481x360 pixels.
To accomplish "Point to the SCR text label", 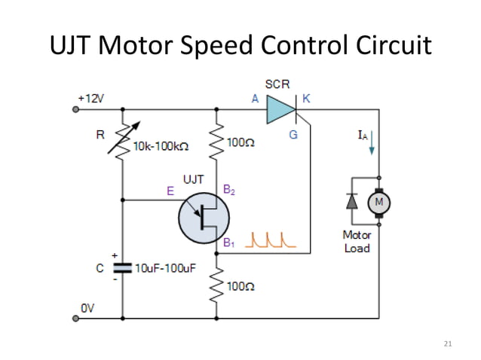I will pos(277,82).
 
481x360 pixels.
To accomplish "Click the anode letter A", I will pos(255,99).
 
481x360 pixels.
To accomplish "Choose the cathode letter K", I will pos(306,99).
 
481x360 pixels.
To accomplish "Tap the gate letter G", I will pos(293,135).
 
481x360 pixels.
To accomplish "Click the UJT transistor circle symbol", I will pos(204,218).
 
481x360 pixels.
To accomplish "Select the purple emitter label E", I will pos(170,191).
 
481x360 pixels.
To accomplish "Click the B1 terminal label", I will pos(229,243).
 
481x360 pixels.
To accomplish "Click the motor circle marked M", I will pos(379,202).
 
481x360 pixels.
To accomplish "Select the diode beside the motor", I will pos(351,202).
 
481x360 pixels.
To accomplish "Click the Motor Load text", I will pos(357,242).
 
